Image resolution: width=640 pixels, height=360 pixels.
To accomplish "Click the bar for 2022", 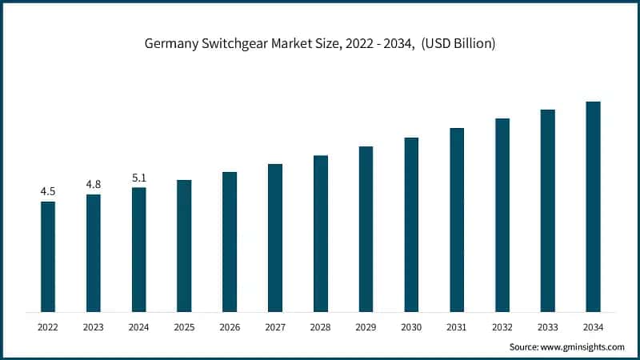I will [48, 256].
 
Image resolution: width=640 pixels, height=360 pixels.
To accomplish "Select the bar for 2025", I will [184, 246].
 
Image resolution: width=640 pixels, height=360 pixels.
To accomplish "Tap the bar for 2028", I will [321, 233].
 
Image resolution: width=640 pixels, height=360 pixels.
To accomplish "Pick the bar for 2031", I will [457, 219].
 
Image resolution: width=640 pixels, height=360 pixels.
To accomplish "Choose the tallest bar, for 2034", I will [593, 206].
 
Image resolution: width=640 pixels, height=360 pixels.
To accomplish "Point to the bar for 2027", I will [275, 238].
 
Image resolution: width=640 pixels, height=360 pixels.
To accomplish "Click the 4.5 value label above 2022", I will [48, 191].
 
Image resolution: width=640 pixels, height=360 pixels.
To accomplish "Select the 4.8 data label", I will [94, 185].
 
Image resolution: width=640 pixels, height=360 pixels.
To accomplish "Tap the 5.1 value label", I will [139, 178].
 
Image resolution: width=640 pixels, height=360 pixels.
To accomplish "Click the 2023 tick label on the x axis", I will [94, 327].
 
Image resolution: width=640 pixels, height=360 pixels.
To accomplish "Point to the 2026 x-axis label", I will [230, 327].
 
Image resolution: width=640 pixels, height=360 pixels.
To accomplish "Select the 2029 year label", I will [366, 327].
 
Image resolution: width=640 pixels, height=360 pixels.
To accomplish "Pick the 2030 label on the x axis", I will [411, 327].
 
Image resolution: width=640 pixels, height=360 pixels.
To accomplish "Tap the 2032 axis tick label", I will [502, 327].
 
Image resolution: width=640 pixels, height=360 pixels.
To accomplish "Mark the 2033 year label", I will [547, 327].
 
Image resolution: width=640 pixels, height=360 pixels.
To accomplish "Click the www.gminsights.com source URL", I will [583, 346].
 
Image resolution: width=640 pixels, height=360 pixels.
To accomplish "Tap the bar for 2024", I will [139, 250].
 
